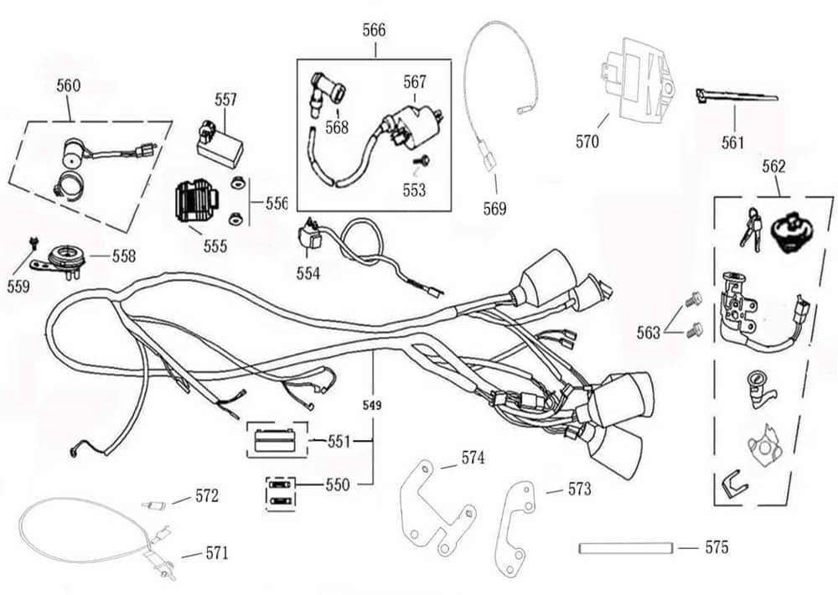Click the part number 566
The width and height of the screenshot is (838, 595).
(374, 30)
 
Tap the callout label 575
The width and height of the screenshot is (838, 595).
(716, 548)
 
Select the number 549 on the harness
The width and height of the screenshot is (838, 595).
(372, 406)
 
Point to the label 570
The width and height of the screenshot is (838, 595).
(587, 142)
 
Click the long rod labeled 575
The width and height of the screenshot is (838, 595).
(626, 549)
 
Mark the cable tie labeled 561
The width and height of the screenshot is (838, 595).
(735, 97)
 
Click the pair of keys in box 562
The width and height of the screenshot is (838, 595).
(748, 226)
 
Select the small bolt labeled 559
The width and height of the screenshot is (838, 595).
(32, 242)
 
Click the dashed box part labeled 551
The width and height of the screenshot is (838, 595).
(273, 439)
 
